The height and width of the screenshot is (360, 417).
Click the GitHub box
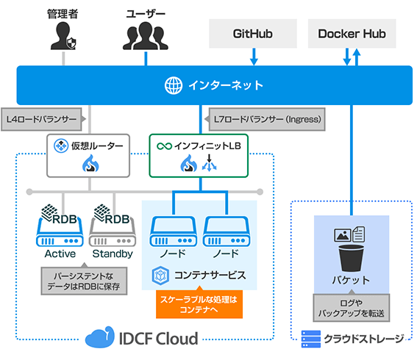(253, 34)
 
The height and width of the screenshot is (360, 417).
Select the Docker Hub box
(352, 34)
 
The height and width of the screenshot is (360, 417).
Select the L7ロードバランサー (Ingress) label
(264, 118)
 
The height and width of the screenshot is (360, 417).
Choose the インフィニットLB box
(202, 156)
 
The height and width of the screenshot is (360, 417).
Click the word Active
(60, 254)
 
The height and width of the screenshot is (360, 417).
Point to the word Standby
(113, 254)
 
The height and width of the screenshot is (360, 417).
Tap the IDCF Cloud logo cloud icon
(99, 338)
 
